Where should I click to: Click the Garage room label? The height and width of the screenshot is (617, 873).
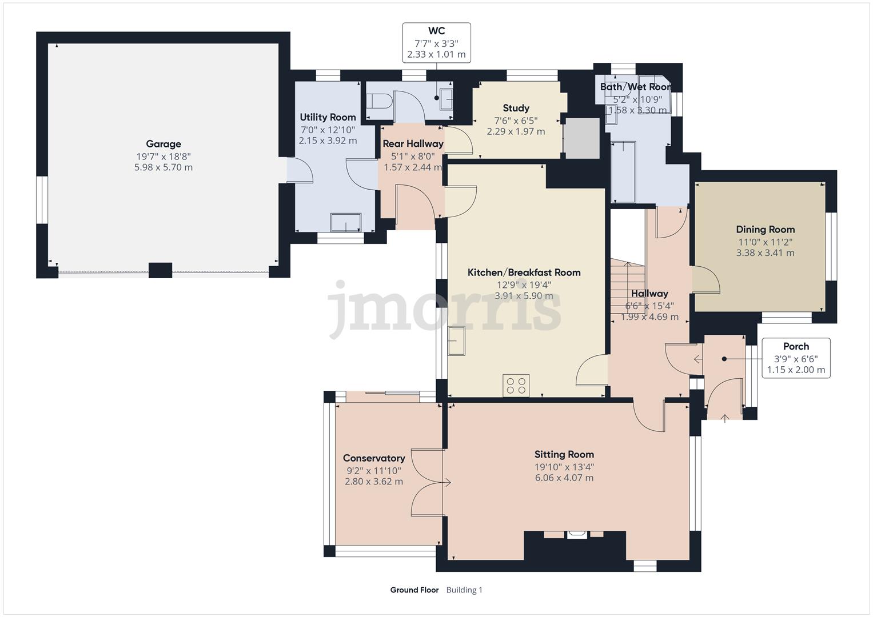tap(163, 144)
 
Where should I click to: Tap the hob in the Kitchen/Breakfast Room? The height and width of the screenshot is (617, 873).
tap(516, 385)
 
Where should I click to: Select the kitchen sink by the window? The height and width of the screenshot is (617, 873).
tap(457, 341)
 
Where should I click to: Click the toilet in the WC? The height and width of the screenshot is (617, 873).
tap(379, 102)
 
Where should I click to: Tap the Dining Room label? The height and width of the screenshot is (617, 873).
tap(765, 230)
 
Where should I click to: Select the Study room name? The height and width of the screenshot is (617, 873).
tap(516, 108)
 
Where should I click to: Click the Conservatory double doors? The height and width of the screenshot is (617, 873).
tap(427, 482)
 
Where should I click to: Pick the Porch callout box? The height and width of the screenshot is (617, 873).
tap(796, 358)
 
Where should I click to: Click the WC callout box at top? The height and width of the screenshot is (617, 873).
tap(436, 43)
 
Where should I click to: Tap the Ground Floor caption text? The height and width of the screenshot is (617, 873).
tap(414, 590)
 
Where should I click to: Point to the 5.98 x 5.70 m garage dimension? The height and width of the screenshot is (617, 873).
tap(163, 167)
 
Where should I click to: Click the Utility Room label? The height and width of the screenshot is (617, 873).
tap(328, 117)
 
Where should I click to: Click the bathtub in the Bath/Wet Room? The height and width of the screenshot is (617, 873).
tap(623, 172)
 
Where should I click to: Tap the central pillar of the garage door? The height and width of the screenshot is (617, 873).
tap(160, 270)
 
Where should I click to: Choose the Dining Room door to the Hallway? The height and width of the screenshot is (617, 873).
tap(705, 280)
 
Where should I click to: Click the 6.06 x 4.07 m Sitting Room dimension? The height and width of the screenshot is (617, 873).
tap(564, 478)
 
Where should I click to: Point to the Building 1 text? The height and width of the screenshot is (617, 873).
tap(464, 590)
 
